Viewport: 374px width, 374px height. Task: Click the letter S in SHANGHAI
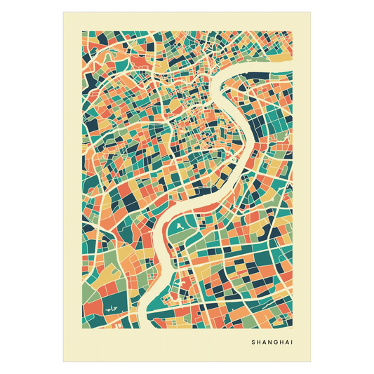click(252, 342)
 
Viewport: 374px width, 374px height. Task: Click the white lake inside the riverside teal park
click(181, 226)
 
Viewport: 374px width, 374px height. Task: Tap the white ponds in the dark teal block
click(110, 308)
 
